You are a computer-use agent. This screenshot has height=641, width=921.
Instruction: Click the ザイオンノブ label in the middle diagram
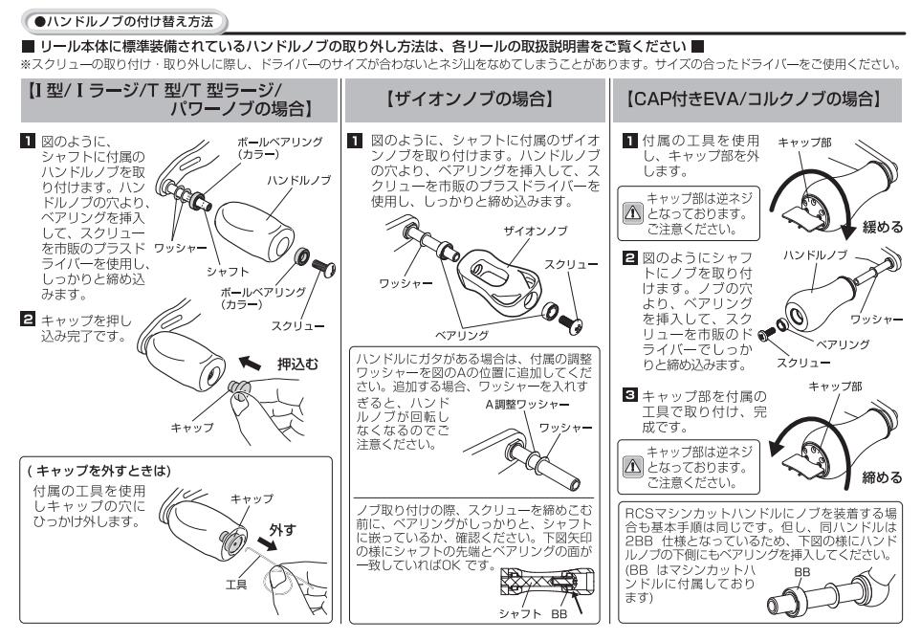pos(535,231)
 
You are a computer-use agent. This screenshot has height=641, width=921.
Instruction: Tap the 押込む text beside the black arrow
pos(297,365)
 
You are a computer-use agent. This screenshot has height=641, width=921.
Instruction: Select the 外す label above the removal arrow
pos(282,529)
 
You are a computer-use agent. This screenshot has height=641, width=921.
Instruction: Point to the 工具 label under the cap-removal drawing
pos(236,585)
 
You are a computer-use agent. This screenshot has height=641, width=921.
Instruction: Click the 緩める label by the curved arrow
pos(882,227)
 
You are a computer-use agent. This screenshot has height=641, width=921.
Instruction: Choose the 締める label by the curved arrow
pos(882,477)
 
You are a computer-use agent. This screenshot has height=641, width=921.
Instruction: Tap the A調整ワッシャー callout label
pos(527,405)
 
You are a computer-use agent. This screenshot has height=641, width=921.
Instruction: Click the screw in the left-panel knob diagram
pos(323,269)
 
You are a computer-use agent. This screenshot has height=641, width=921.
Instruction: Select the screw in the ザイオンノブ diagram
pos(570,323)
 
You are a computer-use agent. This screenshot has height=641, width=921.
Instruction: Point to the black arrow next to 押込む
pos(251,364)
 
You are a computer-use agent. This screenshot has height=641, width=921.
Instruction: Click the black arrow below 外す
pos(267,543)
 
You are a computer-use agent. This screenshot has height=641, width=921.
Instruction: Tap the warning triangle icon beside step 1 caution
pos(632,212)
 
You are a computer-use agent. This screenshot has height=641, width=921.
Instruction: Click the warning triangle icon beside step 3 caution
pos(632,466)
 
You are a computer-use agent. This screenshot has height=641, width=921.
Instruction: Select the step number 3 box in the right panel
pos(629,394)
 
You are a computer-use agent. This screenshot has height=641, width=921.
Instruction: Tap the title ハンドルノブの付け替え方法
pos(124,22)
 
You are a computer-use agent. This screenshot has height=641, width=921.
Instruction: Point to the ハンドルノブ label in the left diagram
pos(299,180)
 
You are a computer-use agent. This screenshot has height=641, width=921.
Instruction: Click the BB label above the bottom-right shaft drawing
pos(801,572)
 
